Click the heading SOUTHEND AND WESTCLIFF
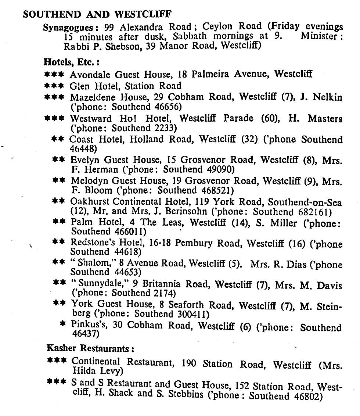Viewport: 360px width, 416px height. (97, 14)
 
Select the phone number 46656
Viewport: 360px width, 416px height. (168, 107)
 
